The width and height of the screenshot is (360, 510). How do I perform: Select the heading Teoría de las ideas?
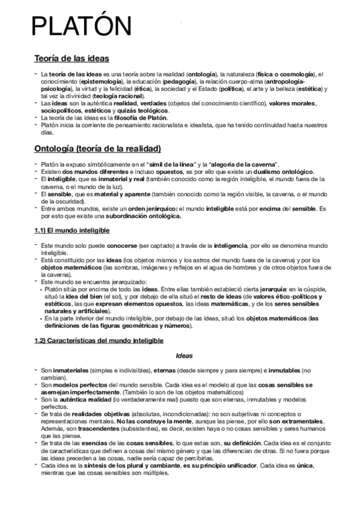(72, 59)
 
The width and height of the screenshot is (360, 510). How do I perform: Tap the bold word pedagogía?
(178, 81)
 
